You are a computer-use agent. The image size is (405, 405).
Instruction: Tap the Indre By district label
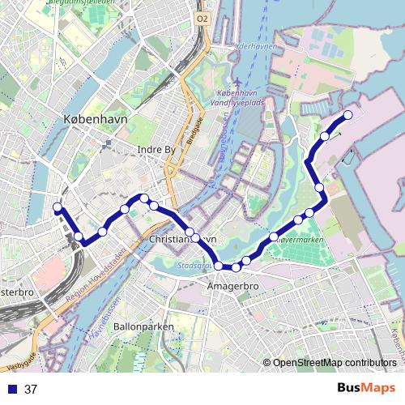pyautogui.click(x=157, y=150)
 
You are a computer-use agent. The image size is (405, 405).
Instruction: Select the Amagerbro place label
pyautogui.click(x=232, y=287)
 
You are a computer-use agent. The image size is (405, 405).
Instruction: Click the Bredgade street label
pyautogui.click(x=194, y=130)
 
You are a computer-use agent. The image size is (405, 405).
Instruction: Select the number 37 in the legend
pyautogui.click(x=31, y=389)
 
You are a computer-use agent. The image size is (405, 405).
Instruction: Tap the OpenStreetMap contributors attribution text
pyautogui.click(x=335, y=362)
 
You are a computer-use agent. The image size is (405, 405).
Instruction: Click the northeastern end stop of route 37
pyautogui.click(x=348, y=115)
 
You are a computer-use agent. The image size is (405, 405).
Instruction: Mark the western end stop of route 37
pyautogui.click(x=58, y=207)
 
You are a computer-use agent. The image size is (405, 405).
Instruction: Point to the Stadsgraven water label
pyautogui.click(x=194, y=265)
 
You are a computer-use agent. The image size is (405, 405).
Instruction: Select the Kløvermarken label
pyautogui.click(x=301, y=241)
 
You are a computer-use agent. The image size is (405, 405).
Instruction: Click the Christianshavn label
pyautogui.click(x=183, y=240)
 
